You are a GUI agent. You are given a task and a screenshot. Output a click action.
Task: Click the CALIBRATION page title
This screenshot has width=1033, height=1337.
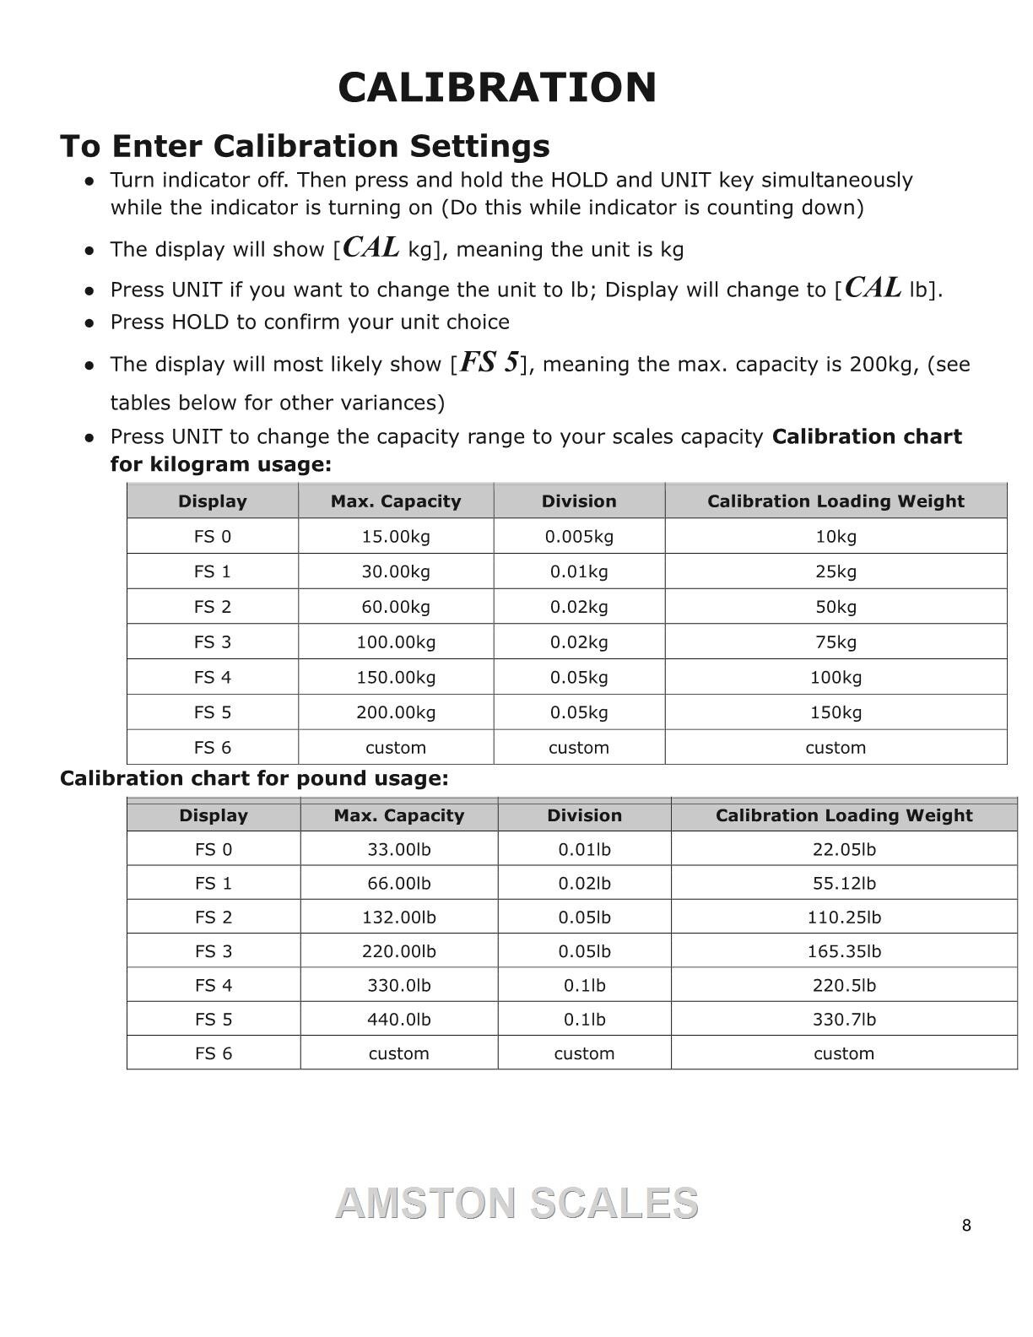(x=497, y=88)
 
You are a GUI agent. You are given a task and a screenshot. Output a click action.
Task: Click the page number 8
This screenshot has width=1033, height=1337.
(x=966, y=1226)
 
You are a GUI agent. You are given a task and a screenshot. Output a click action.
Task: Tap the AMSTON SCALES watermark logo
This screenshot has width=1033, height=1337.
(x=516, y=1204)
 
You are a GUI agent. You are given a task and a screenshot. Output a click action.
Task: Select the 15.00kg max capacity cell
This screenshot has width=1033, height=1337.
(x=396, y=537)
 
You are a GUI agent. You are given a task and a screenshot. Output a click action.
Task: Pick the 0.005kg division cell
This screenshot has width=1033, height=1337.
(x=579, y=537)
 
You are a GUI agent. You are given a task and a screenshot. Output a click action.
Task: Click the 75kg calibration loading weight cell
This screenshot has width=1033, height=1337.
(x=836, y=642)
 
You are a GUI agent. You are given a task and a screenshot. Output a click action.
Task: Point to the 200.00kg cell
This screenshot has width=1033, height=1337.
(x=396, y=712)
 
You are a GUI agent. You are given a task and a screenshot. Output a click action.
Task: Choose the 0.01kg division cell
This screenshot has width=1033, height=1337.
(x=579, y=572)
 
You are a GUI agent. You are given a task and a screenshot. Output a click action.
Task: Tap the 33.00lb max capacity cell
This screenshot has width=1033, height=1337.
(x=398, y=850)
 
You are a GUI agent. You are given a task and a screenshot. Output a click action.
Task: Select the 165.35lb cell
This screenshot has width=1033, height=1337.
(x=844, y=951)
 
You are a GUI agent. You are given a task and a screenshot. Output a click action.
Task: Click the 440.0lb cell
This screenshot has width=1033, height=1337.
(x=398, y=1020)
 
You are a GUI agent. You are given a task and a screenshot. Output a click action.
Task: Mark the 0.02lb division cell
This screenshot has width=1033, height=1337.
(x=584, y=884)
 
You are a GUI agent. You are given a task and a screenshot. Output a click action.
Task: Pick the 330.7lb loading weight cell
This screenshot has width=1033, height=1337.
(x=844, y=1020)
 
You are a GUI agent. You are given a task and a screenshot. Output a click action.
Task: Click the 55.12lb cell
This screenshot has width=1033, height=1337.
(x=844, y=884)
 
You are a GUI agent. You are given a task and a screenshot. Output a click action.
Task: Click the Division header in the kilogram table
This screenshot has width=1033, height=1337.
(x=579, y=501)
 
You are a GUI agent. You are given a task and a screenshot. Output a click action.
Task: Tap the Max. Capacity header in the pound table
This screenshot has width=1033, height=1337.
(x=398, y=815)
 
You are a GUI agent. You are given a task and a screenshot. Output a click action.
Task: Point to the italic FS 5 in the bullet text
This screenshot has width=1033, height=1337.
(x=489, y=363)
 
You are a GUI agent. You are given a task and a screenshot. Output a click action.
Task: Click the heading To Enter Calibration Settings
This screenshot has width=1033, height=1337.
(x=305, y=146)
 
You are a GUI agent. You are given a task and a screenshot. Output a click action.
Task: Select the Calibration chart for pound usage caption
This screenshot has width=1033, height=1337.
(x=254, y=778)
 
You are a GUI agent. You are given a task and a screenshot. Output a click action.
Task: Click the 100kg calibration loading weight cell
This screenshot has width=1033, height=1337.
(x=836, y=678)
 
